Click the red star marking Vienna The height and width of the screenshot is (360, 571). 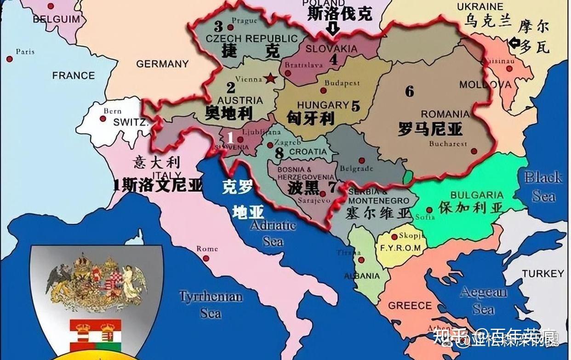click(x=271, y=78)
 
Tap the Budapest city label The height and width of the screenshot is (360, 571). click(x=342, y=83)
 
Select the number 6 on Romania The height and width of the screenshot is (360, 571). click(x=409, y=91)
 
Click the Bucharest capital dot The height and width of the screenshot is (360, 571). click(x=474, y=150)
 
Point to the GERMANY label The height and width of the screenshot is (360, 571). click(x=162, y=64)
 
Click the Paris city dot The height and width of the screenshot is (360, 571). click(x=9, y=59)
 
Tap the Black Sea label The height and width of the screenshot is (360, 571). click(x=543, y=186)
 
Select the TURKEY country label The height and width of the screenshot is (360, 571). click(x=542, y=274)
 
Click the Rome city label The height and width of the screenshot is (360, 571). click(x=207, y=249)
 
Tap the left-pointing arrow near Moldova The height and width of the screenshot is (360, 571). click(x=514, y=44)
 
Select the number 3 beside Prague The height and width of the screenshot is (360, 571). click(x=218, y=27)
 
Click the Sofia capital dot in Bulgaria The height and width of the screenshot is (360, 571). click(x=429, y=210)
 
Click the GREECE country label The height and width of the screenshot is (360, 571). click(x=410, y=306)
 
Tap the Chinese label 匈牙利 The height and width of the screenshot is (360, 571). click(x=310, y=118)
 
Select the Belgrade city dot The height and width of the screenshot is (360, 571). click(x=362, y=160)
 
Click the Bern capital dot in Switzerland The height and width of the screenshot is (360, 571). click(x=103, y=119)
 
